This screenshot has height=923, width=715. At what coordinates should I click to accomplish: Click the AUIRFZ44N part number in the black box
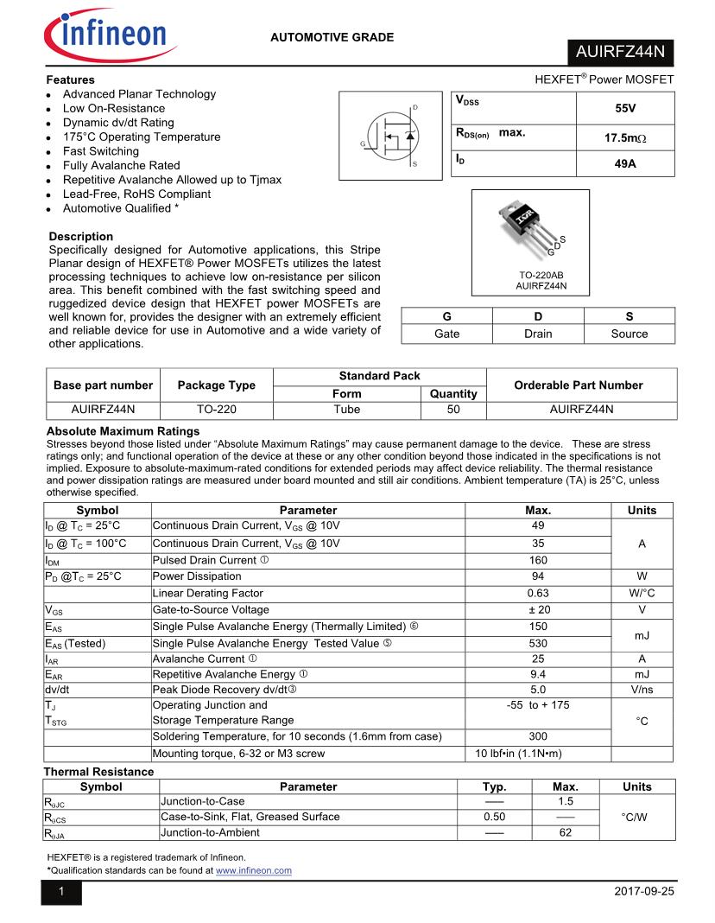pyautogui.click(x=620, y=52)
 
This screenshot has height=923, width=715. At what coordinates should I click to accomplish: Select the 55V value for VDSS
pyautogui.click(x=625, y=109)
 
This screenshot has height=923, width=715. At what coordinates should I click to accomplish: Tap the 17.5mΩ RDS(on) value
pyautogui.click(x=625, y=138)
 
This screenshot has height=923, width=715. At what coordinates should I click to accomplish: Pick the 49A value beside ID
pyautogui.click(x=625, y=162)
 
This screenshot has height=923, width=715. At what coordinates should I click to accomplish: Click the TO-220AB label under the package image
pyautogui.click(x=541, y=275)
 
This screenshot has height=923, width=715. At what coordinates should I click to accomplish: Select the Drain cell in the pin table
pyautogui.click(x=538, y=334)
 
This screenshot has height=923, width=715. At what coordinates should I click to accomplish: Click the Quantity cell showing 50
pyautogui.click(x=453, y=410)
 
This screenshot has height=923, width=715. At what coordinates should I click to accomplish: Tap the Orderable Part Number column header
pyautogui.click(x=579, y=385)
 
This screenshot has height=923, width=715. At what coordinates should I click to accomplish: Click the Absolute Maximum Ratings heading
pyautogui.click(x=123, y=430)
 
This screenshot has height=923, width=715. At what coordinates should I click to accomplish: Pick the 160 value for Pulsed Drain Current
pyautogui.click(x=538, y=560)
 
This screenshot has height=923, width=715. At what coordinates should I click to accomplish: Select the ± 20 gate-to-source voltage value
pyautogui.click(x=538, y=609)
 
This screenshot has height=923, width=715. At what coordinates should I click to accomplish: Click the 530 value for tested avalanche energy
pyautogui.click(x=538, y=642)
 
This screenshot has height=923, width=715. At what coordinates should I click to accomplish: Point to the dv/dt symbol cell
pyautogui.click(x=61, y=690)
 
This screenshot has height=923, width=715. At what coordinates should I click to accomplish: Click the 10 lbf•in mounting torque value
pyautogui.click(x=519, y=754)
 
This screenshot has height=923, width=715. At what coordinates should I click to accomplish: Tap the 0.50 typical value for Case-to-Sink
pyautogui.click(x=494, y=817)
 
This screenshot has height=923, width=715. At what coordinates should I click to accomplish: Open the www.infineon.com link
pyautogui.click(x=254, y=870)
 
